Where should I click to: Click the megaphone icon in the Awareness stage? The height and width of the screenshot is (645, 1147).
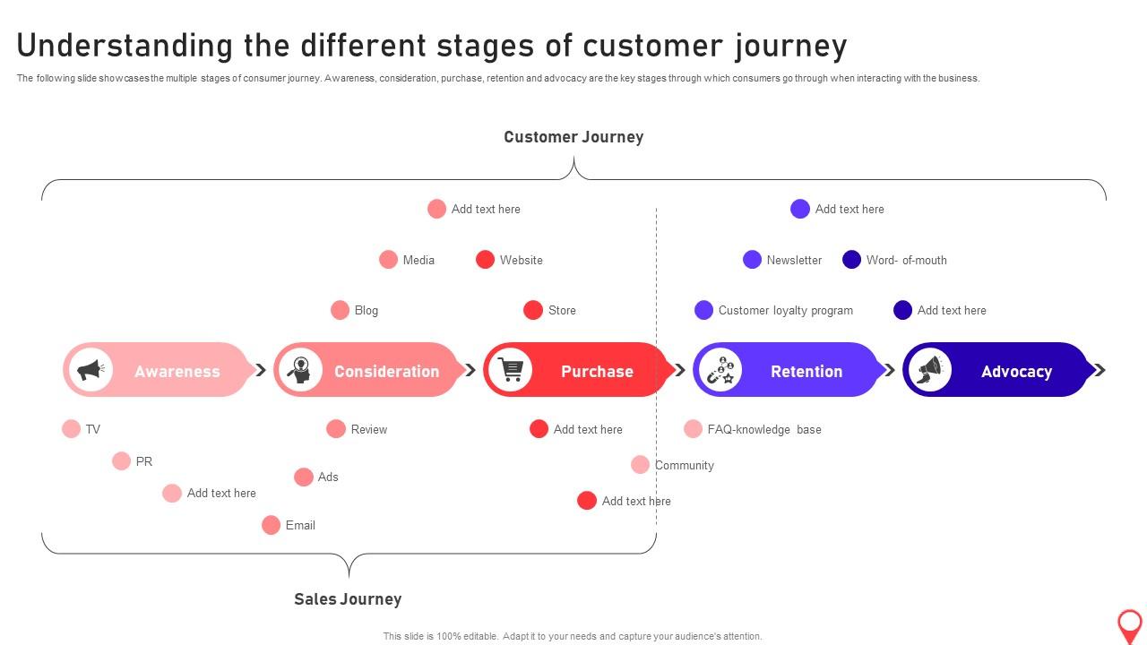(x=91, y=370)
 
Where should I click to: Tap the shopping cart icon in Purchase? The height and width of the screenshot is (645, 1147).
(x=511, y=370)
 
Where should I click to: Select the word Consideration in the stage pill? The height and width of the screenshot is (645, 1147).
(x=386, y=371)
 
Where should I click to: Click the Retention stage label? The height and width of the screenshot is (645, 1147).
(x=806, y=371)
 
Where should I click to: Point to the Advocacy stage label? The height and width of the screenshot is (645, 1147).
(x=1016, y=371)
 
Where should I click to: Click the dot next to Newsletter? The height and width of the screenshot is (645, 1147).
(x=752, y=260)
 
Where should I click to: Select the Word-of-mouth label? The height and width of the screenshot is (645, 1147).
(x=906, y=260)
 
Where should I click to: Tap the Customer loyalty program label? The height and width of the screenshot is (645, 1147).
(x=785, y=310)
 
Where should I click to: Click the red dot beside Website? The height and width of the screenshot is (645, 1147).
(x=485, y=260)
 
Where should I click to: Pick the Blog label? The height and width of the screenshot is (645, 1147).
(x=367, y=310)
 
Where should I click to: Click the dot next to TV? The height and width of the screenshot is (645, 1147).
(x=72, y=429)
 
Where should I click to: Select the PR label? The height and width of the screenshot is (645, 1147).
(x=144, y=461)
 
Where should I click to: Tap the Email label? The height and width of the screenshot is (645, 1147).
(x=300, y=525)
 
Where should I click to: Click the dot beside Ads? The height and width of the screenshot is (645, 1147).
(x=304, y=477)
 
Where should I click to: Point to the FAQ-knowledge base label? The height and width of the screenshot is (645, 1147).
(x=763, y=429)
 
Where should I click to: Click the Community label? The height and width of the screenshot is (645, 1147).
(x=684, y=465)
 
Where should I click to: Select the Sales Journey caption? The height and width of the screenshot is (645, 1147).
(x=348, y=598)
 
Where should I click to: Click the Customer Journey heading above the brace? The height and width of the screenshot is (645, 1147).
(x=573, y=137)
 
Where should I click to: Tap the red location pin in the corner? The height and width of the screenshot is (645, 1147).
(x=1130, y=624)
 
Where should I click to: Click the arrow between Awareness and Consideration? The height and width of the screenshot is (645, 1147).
(x=261, y=370)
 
